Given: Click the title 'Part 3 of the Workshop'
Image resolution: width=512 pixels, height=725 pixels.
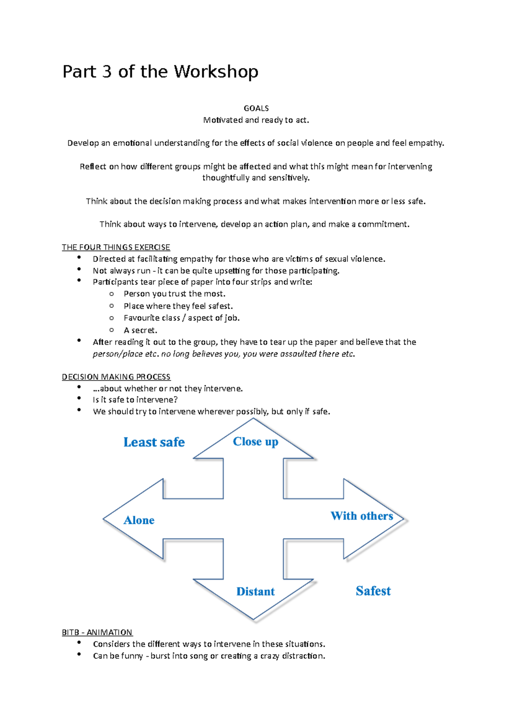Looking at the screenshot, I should [160, 72].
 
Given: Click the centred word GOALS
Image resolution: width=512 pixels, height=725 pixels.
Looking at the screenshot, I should [256, 108].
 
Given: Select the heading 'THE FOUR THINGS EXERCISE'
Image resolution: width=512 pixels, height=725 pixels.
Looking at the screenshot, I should [116, 247].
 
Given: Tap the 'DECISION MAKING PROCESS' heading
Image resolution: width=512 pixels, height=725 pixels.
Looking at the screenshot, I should [116, 377].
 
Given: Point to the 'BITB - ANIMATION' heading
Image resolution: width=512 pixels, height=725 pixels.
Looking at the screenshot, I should [97, 632].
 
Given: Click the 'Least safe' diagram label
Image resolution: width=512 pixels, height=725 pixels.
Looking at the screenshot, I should [154, 442].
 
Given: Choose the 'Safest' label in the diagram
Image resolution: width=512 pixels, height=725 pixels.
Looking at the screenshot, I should [373, 591].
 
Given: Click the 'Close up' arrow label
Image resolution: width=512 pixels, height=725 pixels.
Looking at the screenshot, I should [256, 441].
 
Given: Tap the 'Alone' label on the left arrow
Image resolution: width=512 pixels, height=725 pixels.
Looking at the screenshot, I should [139, 520].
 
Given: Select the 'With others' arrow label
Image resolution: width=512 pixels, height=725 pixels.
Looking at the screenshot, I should [362, 516].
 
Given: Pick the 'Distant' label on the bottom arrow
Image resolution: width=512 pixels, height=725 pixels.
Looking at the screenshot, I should [256, 591].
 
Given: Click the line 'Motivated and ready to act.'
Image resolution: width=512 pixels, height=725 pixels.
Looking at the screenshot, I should [256, 120].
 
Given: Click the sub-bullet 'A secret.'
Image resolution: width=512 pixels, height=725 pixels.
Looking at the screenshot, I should [140, 330].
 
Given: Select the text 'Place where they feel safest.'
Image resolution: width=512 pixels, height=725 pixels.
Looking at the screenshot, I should [178, 306].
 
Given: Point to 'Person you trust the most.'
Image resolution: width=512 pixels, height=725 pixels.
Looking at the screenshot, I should [175, 294].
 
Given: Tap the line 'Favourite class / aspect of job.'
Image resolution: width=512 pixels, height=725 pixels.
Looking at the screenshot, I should [182, 318].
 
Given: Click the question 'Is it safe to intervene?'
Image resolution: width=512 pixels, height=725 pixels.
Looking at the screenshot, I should [135, 400].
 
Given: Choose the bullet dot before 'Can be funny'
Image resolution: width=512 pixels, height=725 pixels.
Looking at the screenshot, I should [79, 654].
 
